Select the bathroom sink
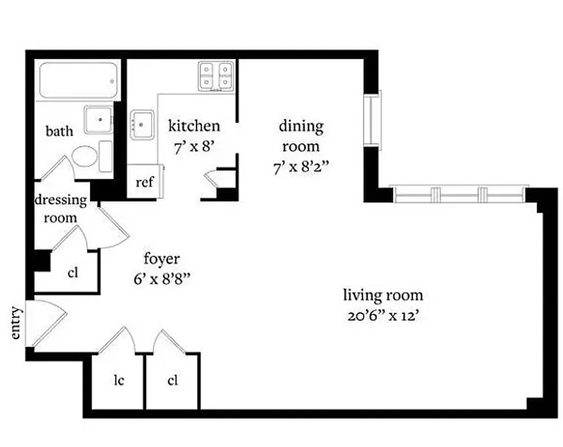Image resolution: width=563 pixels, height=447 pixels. pos(99,120)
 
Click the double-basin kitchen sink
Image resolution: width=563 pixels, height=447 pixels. pos(216,75)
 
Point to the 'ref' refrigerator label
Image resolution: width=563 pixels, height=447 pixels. pos(144,182)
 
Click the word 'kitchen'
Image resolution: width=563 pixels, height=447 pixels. pos(194,126)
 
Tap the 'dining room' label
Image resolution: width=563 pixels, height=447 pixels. pos(301,136)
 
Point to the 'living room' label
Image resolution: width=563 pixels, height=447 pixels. pos(383,295)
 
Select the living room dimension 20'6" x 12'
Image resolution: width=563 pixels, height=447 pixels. pos(383,316)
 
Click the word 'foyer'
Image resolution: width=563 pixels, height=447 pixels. pos(162,259)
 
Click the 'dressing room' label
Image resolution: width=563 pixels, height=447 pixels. pos(61,208)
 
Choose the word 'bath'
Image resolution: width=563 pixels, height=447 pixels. pos(59,131)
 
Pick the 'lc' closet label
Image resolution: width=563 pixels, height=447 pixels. pos(118,381)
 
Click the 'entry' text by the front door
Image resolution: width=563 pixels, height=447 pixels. pos(17,323)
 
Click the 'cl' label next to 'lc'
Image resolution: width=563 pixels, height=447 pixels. pos(172,381)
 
